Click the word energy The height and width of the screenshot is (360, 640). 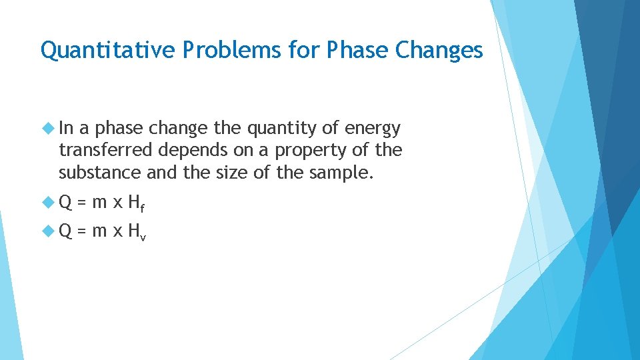(373, 128)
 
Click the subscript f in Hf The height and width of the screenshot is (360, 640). (142, 209)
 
